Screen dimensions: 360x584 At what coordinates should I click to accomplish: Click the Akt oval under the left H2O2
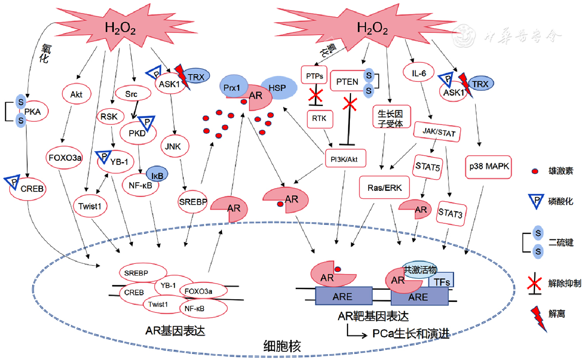coord(76,94)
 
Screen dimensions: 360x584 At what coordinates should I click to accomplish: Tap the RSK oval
coord(110,117)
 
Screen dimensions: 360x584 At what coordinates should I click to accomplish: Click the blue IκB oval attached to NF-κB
coord(157,175)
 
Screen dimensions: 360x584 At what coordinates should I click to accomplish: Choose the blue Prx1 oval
coord(232,87)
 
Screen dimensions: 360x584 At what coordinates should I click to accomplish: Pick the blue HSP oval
coord(278,88)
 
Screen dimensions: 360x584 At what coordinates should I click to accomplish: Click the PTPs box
coord(314,75)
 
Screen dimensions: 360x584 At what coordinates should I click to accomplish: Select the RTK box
coord(319,119)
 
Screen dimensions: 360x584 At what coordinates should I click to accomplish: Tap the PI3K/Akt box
coord(345,158)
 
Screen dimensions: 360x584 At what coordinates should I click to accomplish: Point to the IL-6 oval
coord(419,73)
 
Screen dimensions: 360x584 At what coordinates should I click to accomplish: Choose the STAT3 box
coord(451,213)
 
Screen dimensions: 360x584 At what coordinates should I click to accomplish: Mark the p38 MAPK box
coord(488,167)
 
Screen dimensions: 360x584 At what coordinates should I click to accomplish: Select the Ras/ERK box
coord(384,188)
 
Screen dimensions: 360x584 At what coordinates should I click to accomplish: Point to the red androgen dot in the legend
coord(535,171)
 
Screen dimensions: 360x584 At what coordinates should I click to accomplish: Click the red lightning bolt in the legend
coord(538,317)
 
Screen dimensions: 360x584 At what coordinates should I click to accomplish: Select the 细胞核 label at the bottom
coord(282,346)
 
